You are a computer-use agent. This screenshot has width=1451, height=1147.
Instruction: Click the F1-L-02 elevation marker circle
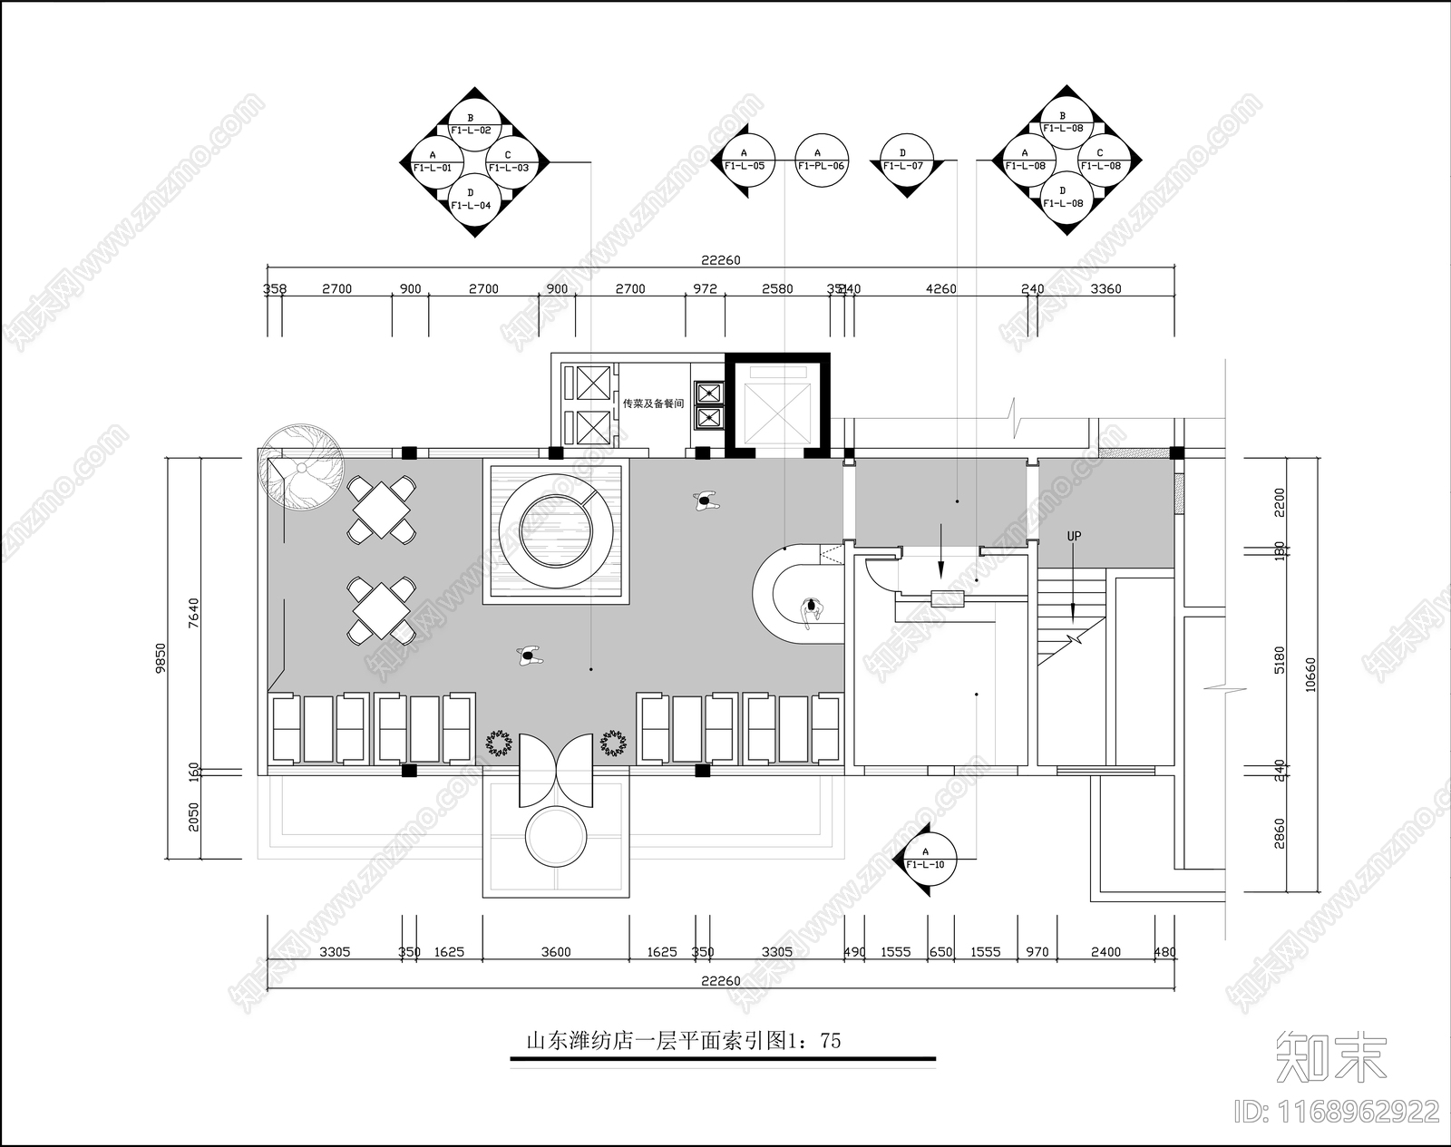[x=471, y=124]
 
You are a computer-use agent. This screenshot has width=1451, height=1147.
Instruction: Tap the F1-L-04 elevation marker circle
[x=471, y=199]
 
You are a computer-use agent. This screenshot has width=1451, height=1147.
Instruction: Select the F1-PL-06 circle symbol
[x=822, y=160]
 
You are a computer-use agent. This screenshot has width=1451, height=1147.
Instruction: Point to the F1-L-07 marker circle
[x=903, y=160]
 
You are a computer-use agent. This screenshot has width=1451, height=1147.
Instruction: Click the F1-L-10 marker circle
[x=926, y=859]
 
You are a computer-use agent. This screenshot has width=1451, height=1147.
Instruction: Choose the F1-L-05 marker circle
[x=745, y=160]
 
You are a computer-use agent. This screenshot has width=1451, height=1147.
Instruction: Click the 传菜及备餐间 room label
[x=653, y=403]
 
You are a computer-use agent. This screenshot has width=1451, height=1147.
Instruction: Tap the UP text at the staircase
[x=1074, y=536]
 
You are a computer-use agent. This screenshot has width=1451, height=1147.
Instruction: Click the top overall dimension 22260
[x=720, y=260]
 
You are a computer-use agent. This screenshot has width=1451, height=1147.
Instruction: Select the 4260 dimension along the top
[x=940, y=289]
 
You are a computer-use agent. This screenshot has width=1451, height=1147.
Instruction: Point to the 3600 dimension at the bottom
[x=556, y=952]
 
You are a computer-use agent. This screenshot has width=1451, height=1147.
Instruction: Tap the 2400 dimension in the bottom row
[x=1105, y=952]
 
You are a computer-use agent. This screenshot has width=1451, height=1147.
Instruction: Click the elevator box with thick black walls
[x=777, y=404]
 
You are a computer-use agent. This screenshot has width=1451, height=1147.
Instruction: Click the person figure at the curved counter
[x=812, y=610]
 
